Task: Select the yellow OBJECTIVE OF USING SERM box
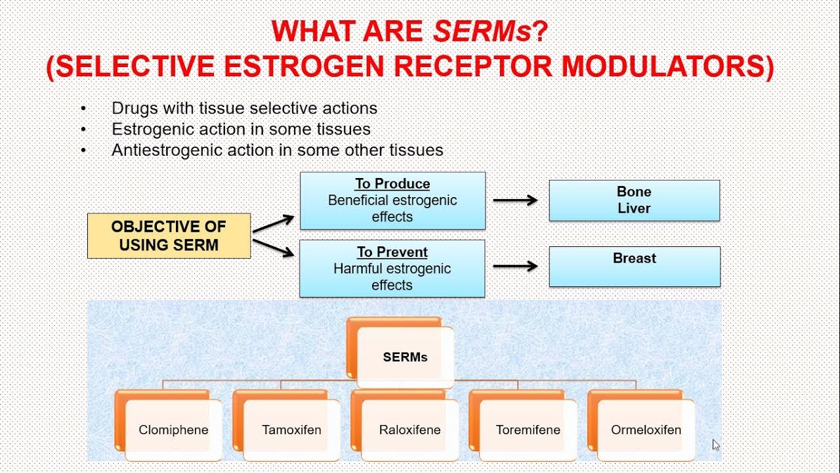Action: pos(169,235)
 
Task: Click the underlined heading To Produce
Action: pos(392,184)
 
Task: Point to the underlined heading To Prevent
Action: pos(392,252)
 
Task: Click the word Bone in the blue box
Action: pos(634,192)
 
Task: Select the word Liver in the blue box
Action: pos(634,208)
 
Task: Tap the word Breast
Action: pos(634,258)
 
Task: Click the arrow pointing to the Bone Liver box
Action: pos(515,200)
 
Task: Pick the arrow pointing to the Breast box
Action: pos(515,266)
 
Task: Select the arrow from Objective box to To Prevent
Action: pos(273,247)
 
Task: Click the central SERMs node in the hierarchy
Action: pos(405,357)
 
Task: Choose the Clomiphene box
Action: pos(173,430)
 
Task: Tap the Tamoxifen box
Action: pos(291,430)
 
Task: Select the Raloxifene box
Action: pos(409,430)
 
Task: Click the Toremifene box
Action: pos(528,430)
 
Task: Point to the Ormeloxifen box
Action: pos(646,430)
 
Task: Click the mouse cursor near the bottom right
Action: pos(716,445)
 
